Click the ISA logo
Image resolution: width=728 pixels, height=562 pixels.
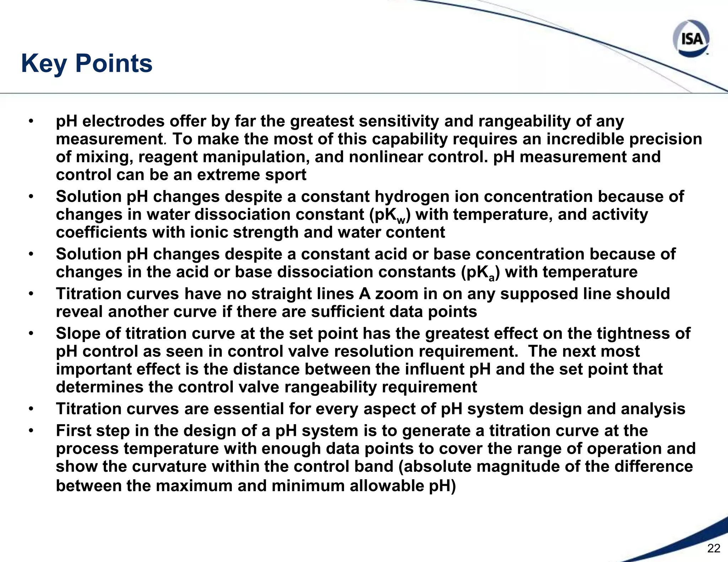point(691,38)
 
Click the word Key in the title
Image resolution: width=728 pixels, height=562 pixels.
point(44,64)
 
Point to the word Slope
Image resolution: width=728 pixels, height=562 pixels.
point(79,334)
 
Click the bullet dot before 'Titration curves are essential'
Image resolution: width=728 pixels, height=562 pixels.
point(31,409)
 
